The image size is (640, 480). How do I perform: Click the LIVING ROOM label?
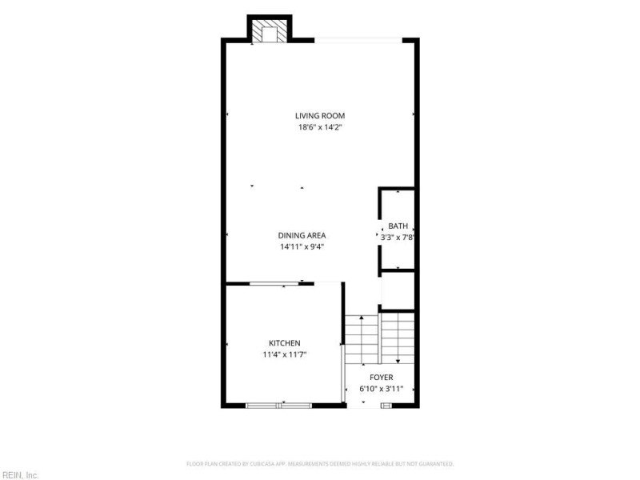(x=320, y=116)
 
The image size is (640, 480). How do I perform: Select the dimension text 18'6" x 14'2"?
(x=320, y=127)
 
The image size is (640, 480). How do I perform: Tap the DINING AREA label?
(x=302, y=235)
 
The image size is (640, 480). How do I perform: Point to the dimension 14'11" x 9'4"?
(x=302, y=247)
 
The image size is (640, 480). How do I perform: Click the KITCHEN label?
(x=285, y=343)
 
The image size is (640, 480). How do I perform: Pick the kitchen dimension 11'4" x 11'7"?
(x=285, y=354)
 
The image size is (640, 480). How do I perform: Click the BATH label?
(x=398, y=226)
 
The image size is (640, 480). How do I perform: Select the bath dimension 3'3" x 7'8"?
(x=398, y=237)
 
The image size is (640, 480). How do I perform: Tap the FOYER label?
(x=382, y=378)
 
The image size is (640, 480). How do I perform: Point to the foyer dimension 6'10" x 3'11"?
(x=382, y=389)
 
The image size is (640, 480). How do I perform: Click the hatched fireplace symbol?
(x=270, y=31)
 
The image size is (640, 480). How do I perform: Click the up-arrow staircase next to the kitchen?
(x=362, y=339)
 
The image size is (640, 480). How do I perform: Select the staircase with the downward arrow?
(x=398, y=338)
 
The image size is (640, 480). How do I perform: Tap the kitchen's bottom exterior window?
(x=278, y=406)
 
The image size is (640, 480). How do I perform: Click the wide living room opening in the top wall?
(x=358, y=41)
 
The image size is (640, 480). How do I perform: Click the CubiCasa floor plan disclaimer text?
(x=320, y=464)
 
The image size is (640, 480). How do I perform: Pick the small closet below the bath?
(x=398, y=290)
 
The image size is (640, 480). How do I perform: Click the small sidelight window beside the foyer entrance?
(x=386, y=406)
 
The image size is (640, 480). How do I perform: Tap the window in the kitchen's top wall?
(x=274, y=283)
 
